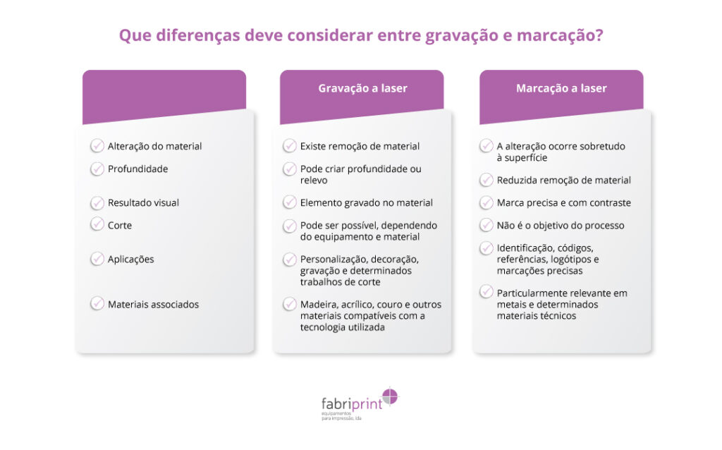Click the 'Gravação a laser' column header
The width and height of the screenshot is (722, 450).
point(362,88)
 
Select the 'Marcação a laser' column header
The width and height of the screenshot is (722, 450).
point(561,88)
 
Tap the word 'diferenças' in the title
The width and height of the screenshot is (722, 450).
point(198,35)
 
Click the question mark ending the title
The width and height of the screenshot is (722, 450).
point(599,35)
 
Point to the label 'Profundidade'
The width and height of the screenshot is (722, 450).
point(137,169)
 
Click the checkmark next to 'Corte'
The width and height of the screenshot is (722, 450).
point(97,224)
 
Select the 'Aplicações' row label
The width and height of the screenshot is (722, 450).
point(130,260)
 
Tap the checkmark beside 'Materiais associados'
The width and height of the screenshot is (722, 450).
point(97,303)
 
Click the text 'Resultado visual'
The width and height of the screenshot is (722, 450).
point(143,202)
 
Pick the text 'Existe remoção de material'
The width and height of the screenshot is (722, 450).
point(360,147)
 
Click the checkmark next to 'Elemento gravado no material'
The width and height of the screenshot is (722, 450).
point(290,202)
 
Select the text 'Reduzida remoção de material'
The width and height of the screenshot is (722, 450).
point(563,180)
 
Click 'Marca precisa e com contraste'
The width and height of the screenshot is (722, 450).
point(563,202)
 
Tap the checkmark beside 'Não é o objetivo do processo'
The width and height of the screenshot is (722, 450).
point(487,225)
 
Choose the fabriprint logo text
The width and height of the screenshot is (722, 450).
point(352,404)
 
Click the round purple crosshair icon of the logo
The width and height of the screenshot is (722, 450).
point(390,396)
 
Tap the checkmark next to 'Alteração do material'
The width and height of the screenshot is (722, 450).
point(97,145)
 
